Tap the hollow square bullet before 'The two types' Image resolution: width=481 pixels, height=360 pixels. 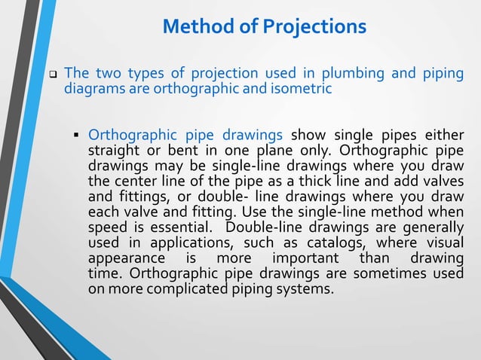(54, 75)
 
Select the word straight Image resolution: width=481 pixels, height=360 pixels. (115, 151)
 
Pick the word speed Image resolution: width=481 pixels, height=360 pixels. (108, 228)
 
